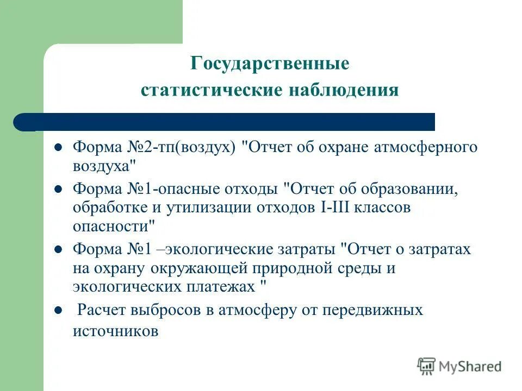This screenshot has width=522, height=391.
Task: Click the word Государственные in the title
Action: click(x=270, y=64)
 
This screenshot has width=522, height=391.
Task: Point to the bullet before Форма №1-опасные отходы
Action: click(x=57, y=190)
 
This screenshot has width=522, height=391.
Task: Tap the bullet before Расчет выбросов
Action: click(x=57, y=311)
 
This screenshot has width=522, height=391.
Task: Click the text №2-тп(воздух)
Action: click(x=181, y=148)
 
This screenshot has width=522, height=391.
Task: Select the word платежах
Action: click(x=222, y=286)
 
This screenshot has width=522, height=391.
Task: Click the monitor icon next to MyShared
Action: click(x=427, y=366)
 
